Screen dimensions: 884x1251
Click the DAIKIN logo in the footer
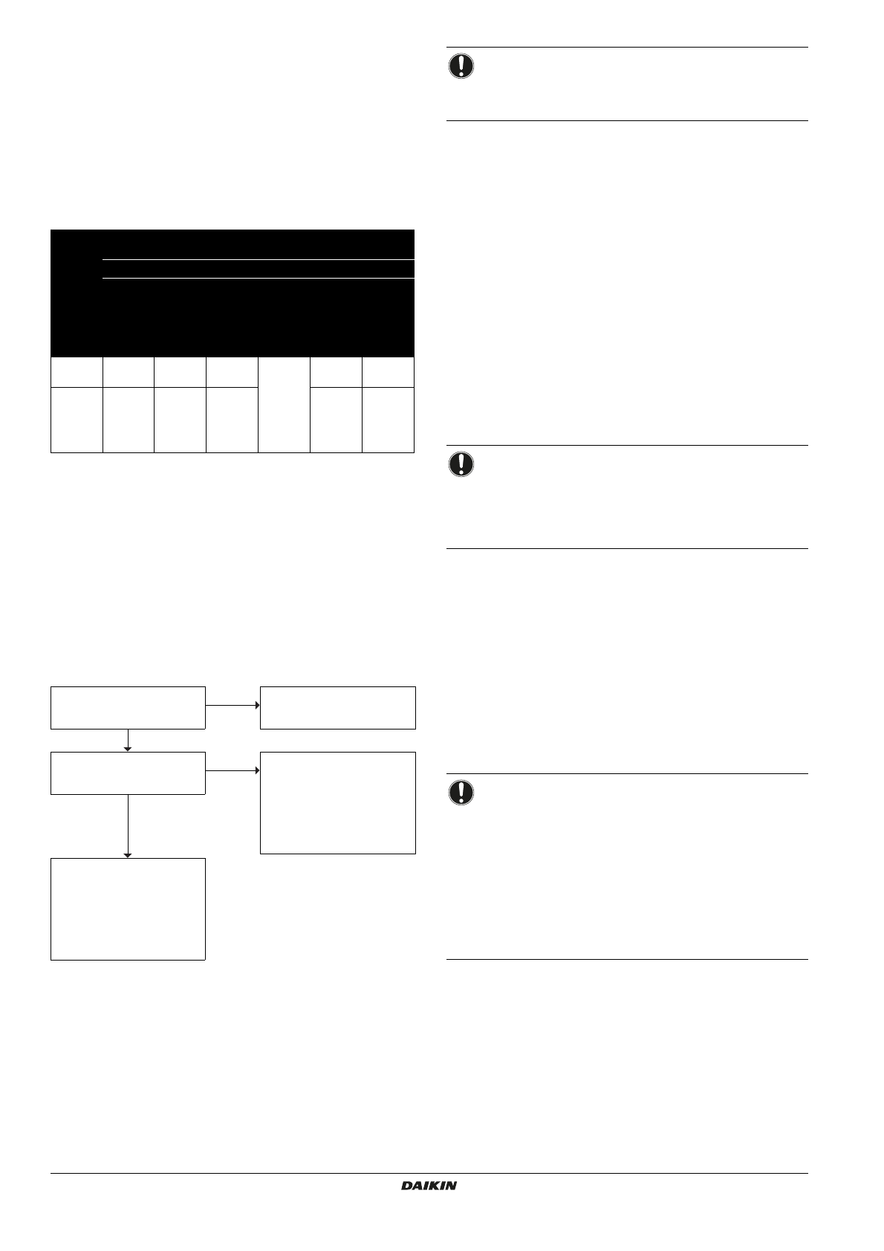[x=429, y=1186]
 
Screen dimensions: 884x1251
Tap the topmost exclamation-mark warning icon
[x=461, y=66]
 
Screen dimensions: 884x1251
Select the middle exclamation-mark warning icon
[x=461, y=464]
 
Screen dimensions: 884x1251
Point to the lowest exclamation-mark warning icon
[x=461, y=792]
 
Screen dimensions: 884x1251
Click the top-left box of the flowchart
[x=128, y=708]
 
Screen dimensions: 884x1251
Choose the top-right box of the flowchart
[x=337, y=708]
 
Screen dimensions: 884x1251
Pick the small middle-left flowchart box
[x=128, y=773]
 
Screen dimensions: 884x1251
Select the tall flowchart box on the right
[x=337, y=803]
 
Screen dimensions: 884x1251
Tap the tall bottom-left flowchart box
[x=128, y=909]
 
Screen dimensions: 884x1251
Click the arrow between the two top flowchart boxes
[x=233, y=704]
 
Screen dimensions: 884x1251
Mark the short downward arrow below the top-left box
[x=128, y=741]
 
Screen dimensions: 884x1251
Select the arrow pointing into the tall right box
[x=233, y=770]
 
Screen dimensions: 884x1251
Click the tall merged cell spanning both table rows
[x=284, y=405]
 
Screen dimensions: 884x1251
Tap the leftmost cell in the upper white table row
[x=77, y=371]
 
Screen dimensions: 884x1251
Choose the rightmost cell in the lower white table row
[x=388, y=420]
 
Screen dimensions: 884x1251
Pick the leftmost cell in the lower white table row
[x=77, y=420]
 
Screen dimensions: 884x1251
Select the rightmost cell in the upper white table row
[x=388, y=371]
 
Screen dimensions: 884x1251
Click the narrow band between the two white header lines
[x=257, y=269]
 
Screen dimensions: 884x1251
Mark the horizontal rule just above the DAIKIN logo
[x=429, y=1174]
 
